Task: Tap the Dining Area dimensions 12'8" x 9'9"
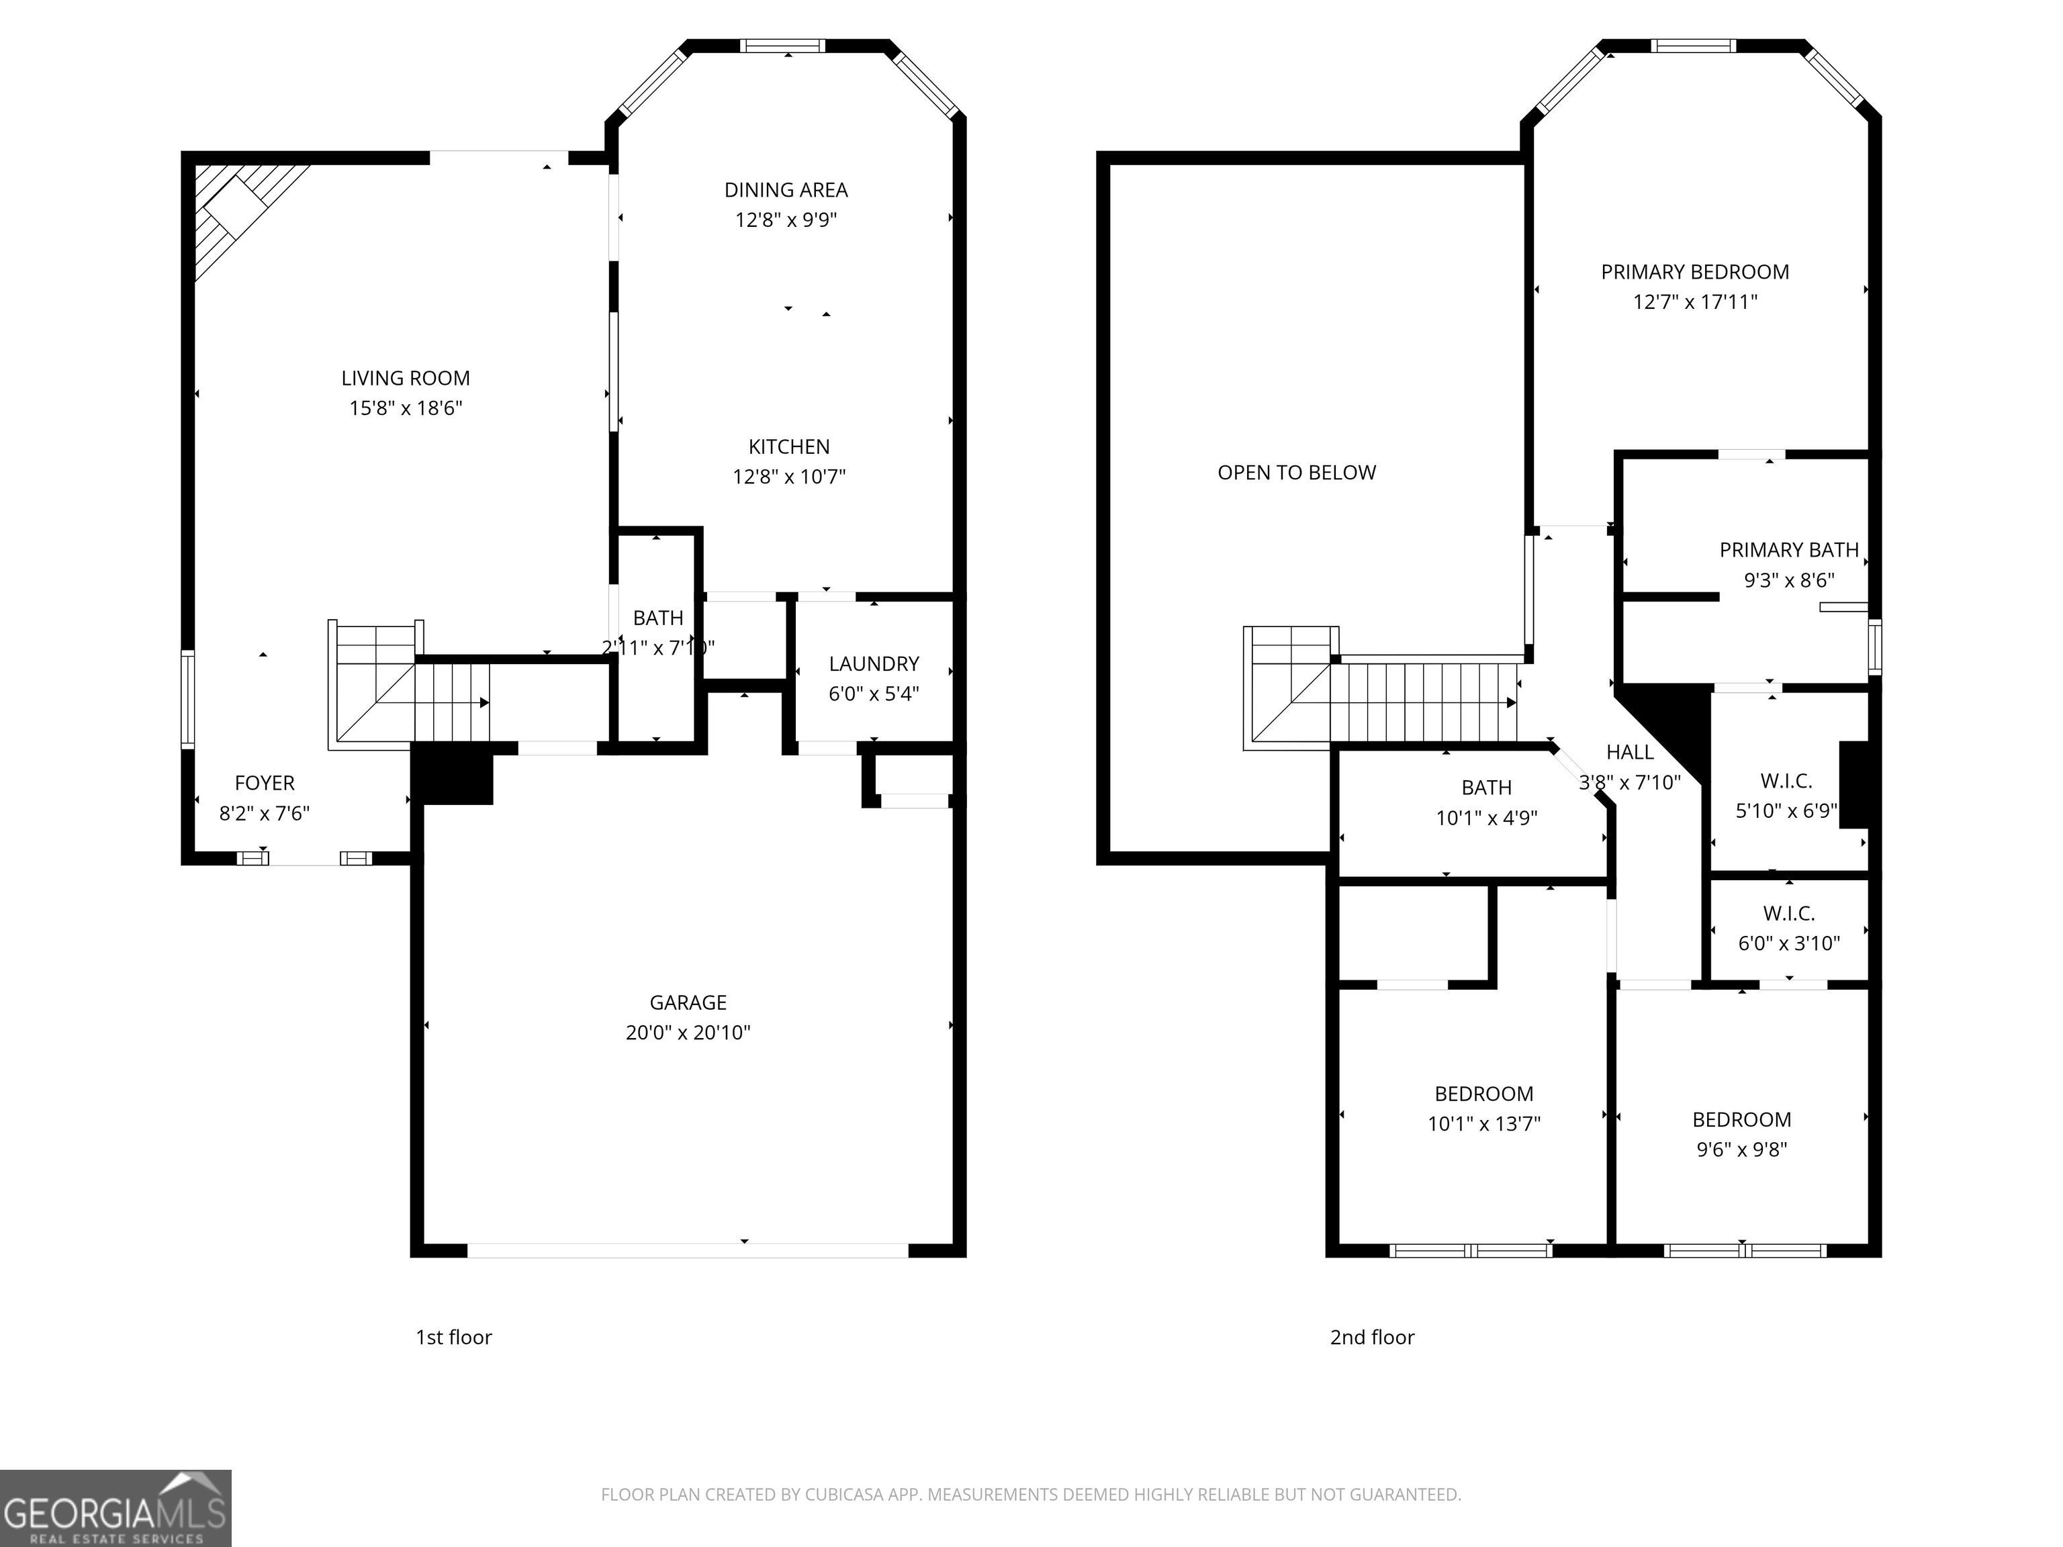[x=786, y=220]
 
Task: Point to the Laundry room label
[x=874, y=664]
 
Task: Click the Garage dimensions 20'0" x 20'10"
[x=688, y=1032]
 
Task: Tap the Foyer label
[x=265, y=784]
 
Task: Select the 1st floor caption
[x=454, y=1338]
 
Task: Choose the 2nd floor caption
[x=1372, y=1338]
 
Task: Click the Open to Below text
[x=1296, y=473]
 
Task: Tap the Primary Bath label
[x=1790, y=550]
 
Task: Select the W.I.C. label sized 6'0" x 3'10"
[x=1789, y=914]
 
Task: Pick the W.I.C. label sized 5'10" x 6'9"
[x=1787, y=782]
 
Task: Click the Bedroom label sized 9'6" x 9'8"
[x=1742, y=1120]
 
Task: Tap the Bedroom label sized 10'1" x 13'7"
[x=1484, y=1094]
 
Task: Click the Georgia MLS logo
[x=116, y=1508]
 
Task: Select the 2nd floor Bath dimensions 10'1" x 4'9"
[x=1487, y=818]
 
